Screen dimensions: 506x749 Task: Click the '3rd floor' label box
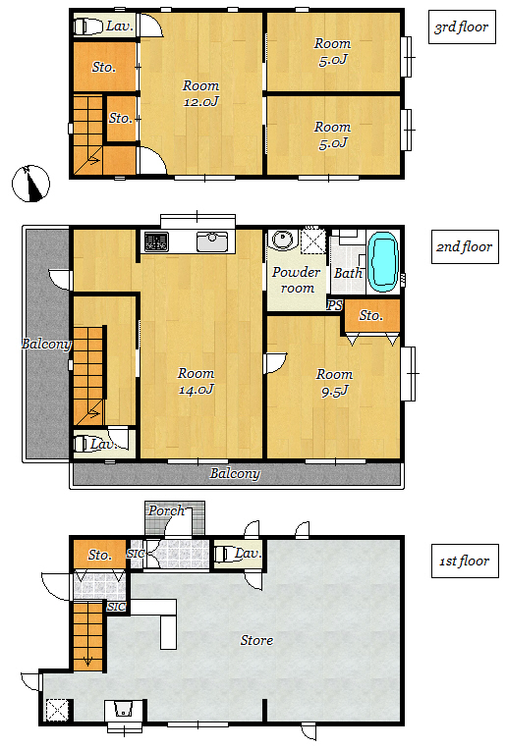tap(462, 27)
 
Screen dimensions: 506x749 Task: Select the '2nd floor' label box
tap(465, 246)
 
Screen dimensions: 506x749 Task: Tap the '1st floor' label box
tap(465, 561)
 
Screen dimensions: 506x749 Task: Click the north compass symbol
tap(30, 184)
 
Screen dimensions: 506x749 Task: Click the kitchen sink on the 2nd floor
tap(212, 241)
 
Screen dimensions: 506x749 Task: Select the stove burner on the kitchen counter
tap(156, 241)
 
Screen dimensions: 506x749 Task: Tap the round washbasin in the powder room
tap(283, 239)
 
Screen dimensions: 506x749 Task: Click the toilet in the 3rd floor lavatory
tap(88, 27)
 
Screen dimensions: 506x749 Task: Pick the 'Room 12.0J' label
tap(200, 93)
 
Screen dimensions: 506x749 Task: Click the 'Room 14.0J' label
tap(197, 381)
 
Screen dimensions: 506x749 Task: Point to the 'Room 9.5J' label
tap(334, 383)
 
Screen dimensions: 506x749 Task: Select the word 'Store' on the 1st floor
tap(256, 640)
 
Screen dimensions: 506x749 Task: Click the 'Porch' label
tap(166, 510)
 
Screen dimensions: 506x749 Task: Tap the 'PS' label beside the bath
tap(335, 304)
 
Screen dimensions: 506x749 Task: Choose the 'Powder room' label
tap(297, 280)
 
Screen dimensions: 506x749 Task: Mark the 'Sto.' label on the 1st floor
tap(99, 555)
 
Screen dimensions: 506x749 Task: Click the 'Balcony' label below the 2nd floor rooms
tap(235, 474)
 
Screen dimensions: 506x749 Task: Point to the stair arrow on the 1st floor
tap(88, 661)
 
